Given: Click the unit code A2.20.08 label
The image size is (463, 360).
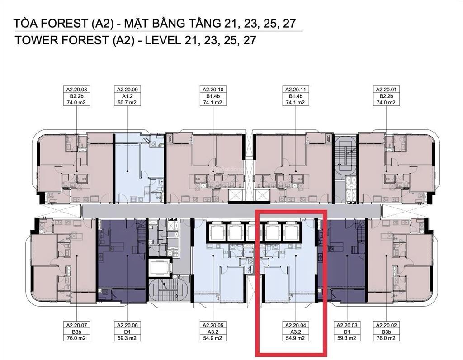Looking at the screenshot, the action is [77, 90].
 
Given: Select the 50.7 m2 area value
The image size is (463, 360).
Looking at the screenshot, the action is [127, 103].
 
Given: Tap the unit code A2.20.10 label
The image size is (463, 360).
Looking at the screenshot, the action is [213, 90].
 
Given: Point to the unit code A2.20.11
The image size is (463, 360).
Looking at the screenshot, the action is [296, 90].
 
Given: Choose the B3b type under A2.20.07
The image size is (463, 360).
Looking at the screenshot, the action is [76, 332].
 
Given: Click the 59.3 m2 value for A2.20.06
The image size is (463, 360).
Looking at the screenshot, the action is [127, 338].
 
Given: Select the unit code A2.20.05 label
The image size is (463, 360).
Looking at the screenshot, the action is [213, 325].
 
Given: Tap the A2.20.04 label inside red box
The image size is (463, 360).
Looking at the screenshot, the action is [296, 325].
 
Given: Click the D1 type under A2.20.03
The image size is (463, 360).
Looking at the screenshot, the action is [347, 332].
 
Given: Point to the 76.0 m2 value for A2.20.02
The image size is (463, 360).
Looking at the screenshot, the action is [386, 338].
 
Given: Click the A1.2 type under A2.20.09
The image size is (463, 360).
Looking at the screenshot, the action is [127, 96].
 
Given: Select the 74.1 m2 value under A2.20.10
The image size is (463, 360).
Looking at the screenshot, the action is [213, 103].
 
